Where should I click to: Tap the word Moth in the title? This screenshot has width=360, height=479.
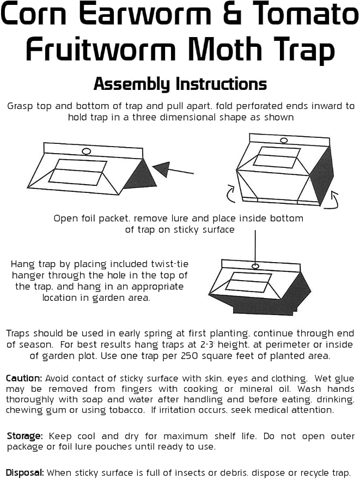click(x=225, y=48)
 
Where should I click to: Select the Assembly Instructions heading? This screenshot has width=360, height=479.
click(x=180, y=84)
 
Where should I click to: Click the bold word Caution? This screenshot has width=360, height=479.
click(x=24, y=378)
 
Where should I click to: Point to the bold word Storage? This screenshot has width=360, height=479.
click(x=25, y=436)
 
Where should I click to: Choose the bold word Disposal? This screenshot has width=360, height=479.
click(x=25, y=472)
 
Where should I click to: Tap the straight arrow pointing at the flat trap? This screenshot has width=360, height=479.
click(x=173, y=169)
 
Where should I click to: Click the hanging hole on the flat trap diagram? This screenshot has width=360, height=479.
click(x=87, y=151)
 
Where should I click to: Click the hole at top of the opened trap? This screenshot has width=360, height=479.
click(x=284, y=141)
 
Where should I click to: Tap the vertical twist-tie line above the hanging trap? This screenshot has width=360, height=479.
click(x=255, y=247)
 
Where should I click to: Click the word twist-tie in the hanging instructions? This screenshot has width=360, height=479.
click(x=170, y=264)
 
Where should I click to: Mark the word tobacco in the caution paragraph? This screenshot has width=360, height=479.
click(x=127, y=410)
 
